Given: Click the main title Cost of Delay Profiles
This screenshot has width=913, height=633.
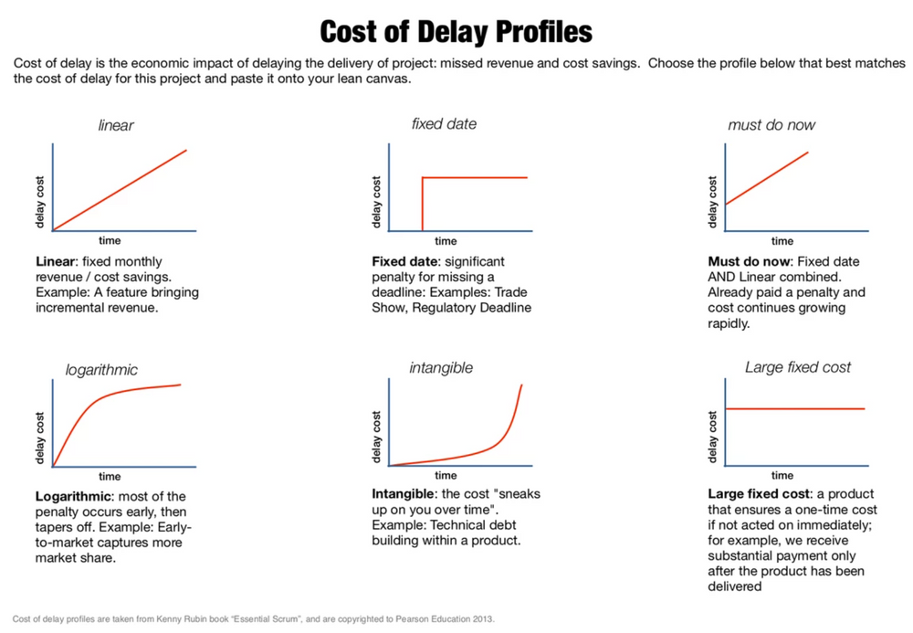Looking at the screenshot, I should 456,32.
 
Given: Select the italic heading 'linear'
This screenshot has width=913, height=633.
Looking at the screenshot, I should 116,125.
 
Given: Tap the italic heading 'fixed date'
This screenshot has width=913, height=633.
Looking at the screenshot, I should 444,123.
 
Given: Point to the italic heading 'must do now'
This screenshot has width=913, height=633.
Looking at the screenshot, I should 771,125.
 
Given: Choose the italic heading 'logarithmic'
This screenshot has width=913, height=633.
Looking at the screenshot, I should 101,370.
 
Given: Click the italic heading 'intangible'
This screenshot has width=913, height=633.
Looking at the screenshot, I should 441,368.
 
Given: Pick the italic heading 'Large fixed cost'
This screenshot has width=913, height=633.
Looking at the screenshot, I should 797,367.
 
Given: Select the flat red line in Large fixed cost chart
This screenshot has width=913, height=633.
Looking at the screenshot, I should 794,408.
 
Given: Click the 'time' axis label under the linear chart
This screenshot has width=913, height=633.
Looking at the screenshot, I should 110,241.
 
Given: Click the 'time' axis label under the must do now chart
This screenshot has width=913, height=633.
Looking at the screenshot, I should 782,241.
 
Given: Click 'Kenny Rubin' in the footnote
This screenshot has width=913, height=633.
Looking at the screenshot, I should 177,618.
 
